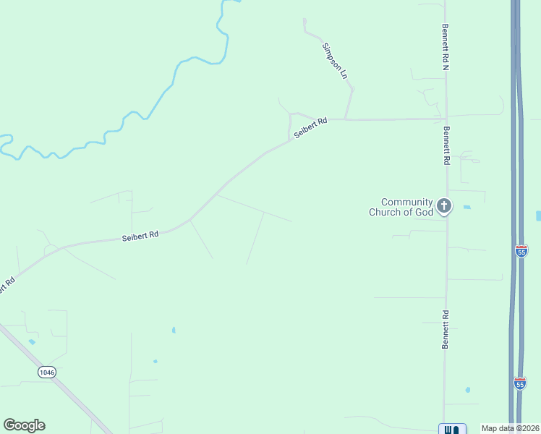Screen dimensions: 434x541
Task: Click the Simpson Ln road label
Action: point(335,61)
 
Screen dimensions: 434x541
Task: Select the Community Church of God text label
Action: point(401,207)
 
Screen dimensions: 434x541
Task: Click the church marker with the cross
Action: point(444,206)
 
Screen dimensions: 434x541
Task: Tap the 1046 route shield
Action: point(47,372)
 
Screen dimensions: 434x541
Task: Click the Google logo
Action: point(24,425)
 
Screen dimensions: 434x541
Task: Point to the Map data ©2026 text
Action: point(510,428)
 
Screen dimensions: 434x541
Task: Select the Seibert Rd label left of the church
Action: point(140,237)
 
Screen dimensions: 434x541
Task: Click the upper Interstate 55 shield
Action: point(521,251)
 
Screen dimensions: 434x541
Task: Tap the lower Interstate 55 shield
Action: point(520,383)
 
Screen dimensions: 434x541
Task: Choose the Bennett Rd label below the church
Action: point(446,330)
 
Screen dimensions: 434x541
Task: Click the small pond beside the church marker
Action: point(467,208)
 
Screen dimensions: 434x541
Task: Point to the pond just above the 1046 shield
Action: point(31,341)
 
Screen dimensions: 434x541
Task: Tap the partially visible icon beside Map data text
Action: point(452,429)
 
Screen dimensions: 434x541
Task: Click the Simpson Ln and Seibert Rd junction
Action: point(346,119)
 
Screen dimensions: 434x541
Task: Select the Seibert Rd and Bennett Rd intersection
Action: point(446,118)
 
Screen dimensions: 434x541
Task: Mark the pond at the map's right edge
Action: point(538,216)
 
